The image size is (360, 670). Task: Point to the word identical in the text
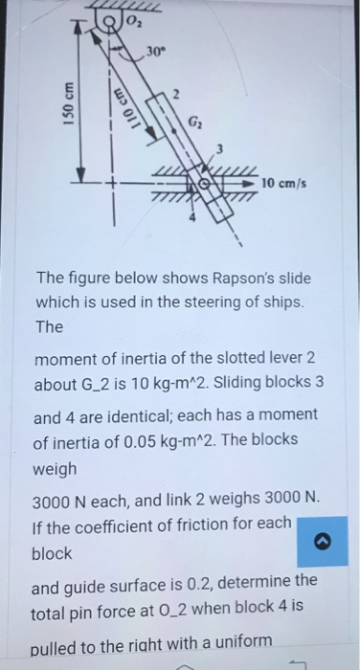pos(171,417)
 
